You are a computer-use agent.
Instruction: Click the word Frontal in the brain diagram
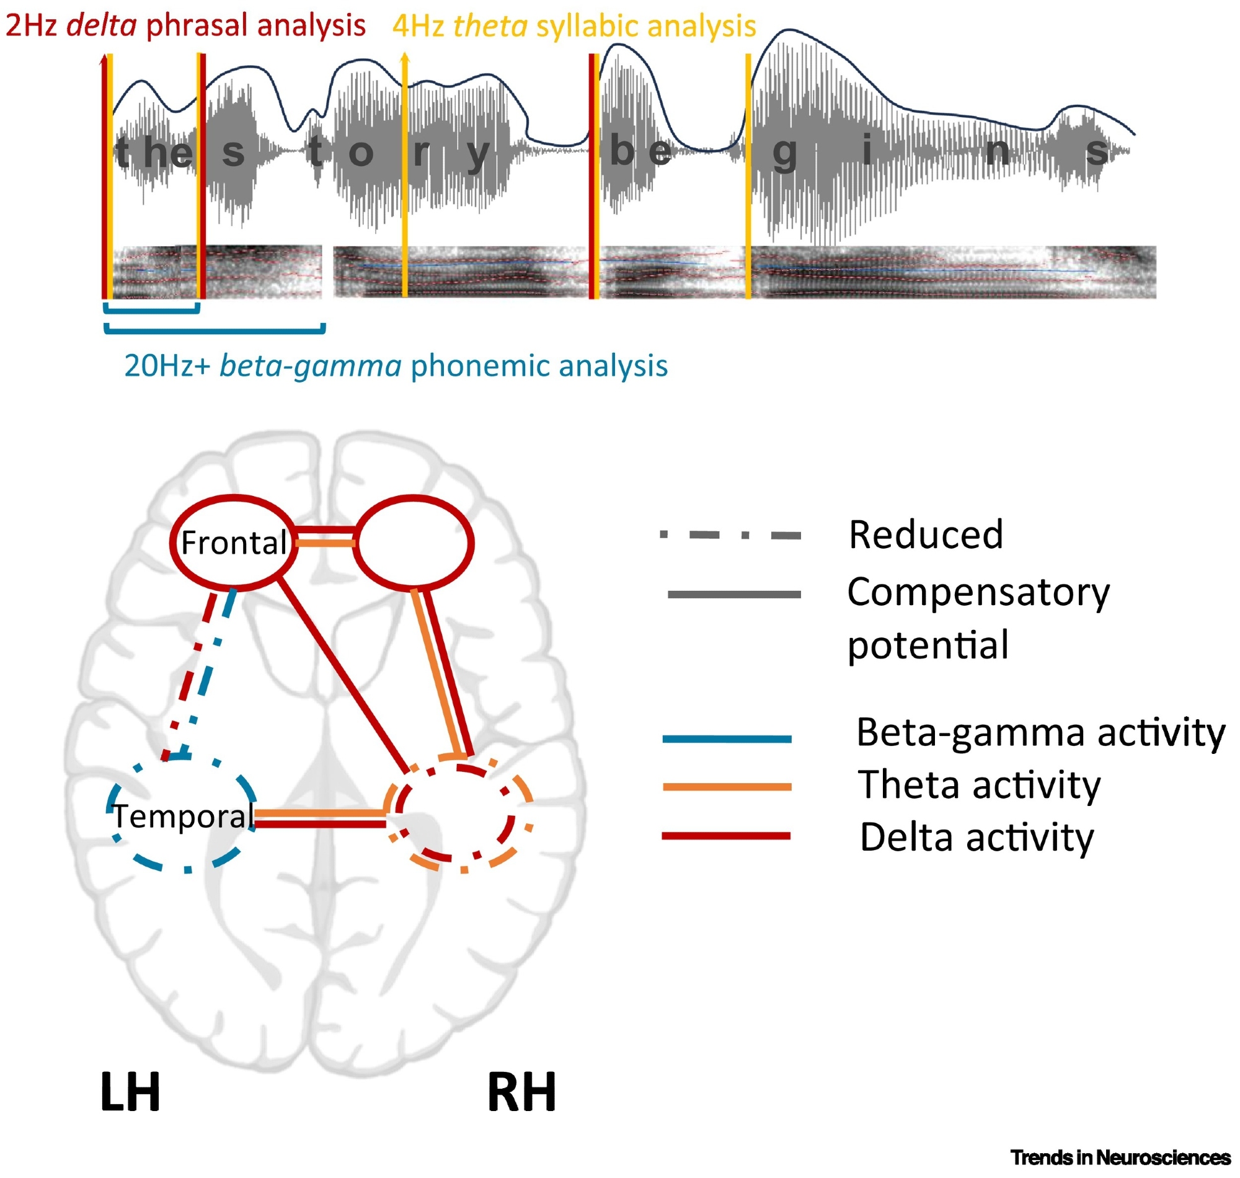[x=234, y=543]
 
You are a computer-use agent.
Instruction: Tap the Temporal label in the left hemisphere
[x=183, y=817]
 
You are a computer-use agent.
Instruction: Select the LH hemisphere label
[x=130, y=1092]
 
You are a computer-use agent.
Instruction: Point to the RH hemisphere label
[x=521, y=1092]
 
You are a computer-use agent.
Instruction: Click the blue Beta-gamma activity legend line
[x=727, y=739]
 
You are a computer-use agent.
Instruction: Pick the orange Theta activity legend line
[x=727, y=787]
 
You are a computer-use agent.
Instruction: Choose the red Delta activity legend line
[x=726, y=836]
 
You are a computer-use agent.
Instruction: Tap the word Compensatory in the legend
[x=978, y=592]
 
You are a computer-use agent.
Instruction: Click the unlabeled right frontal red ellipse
[x=412, y=542]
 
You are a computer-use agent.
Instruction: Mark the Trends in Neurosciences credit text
[x=1120, y=1158]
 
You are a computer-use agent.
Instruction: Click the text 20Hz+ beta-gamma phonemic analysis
[x=396, y=365]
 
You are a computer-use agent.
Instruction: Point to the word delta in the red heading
[x=101, y=25]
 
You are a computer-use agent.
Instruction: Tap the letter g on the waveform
[x=784, y=153]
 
